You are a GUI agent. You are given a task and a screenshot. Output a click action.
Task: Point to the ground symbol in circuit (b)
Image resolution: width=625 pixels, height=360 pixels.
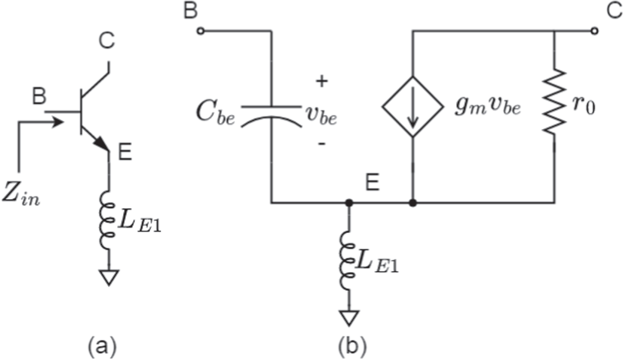tap(348, 319)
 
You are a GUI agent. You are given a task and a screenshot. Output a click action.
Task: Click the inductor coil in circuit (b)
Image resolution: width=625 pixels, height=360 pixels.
tap(348, 263)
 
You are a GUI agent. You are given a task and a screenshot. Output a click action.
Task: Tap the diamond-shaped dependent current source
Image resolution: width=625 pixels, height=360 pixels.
tap(412, 106)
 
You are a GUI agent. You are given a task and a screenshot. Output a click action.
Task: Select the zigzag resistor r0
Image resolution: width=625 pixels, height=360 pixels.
tap(555, 102)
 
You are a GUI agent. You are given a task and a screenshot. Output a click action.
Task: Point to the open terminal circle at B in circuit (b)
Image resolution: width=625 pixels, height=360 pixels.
tap(200, 31)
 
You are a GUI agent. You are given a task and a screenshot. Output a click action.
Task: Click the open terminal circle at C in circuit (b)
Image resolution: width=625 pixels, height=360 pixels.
tap(595, 31)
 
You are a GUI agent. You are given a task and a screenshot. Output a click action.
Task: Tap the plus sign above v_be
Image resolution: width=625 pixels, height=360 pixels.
tap(321, 81)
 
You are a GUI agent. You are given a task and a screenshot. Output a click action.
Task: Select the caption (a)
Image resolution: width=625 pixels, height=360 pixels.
tap(102, 347)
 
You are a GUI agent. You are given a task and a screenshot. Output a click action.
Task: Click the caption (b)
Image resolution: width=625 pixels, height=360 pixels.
tap(352, 347)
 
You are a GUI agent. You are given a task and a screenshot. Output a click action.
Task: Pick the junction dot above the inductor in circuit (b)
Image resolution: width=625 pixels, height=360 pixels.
tap(348, 202)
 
